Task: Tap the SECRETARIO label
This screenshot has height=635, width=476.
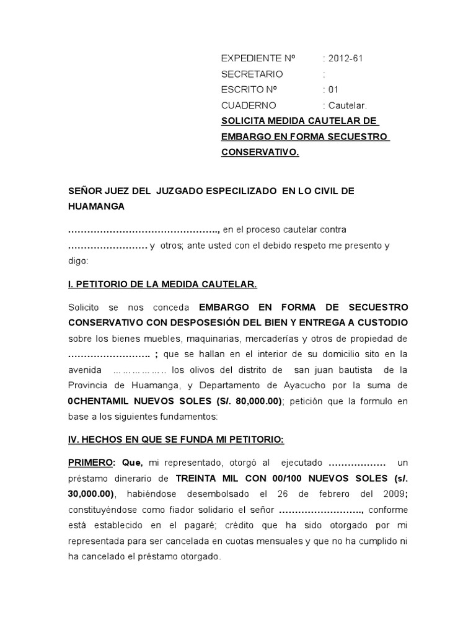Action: point(252,74)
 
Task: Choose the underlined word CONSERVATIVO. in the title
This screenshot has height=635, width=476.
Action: point(260,152)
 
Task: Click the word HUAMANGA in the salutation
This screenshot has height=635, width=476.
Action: point(96,206)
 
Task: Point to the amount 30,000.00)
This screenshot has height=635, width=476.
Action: point(93,494)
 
